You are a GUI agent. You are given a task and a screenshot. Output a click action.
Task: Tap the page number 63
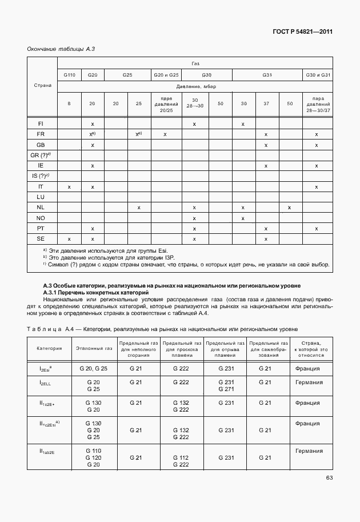coord(329,478)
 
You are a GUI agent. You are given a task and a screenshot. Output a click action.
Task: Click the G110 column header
coord(69,75)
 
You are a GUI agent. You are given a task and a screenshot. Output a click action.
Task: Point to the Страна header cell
coord(43,85)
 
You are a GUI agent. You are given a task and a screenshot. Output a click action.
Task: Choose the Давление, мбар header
coord(195,87)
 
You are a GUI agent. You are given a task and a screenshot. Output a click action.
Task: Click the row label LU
coord(41,197)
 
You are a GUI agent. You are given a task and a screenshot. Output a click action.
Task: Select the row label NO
coord(41,218)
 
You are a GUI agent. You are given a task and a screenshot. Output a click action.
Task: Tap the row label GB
coord(41,145)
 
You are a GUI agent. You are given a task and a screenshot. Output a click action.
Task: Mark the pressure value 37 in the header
coord(266,103)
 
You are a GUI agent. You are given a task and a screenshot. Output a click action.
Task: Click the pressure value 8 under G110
coord(69,103)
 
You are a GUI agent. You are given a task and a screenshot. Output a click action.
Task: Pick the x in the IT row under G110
coord(69,186)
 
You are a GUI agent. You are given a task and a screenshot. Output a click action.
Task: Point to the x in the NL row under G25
coord(139,207)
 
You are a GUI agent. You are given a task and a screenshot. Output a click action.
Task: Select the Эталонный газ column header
coord(93,347)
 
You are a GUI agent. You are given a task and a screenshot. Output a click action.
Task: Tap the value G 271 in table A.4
coord(226,389)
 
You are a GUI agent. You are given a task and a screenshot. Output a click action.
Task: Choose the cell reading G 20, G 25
coord(93,369)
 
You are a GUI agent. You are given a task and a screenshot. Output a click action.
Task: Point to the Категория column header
coord(49,347)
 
